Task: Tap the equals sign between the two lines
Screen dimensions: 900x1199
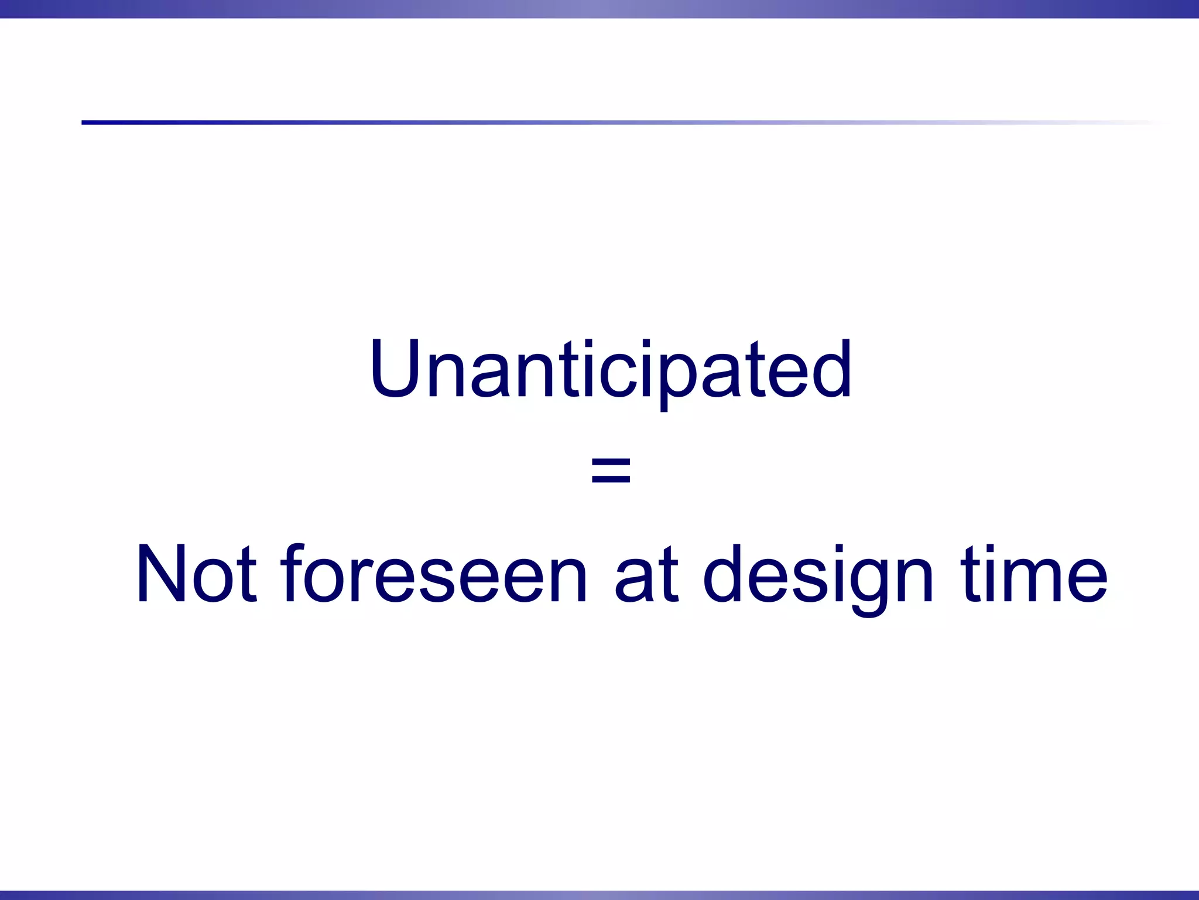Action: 611,471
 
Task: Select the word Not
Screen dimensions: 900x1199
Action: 196,574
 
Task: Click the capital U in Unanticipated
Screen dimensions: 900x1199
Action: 396,369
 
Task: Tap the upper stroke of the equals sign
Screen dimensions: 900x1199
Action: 611,462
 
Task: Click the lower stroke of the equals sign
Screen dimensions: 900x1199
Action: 611,479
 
